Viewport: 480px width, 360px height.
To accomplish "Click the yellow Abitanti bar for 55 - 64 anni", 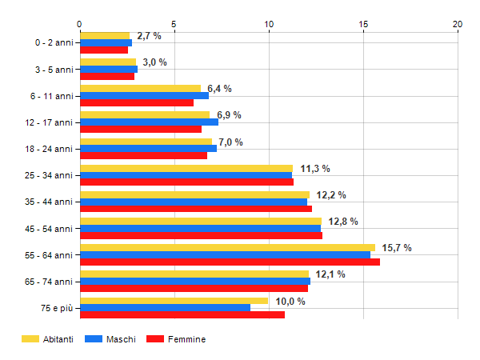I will coord(227,247).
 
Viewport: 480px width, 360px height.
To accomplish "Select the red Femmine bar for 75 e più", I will coord(182,314).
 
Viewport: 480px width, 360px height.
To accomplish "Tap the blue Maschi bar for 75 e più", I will coord(165,308).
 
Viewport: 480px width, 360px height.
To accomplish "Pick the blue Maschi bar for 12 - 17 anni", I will coord(149,122).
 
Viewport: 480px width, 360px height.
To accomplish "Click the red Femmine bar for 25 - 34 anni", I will coord(186,182).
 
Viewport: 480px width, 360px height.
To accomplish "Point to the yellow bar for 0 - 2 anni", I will coord(104,35).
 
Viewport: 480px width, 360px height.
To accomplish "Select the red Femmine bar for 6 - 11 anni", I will coord(136,102).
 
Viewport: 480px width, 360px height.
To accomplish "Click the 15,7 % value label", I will coord(396,248).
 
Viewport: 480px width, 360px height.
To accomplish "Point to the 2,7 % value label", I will coord(149,36).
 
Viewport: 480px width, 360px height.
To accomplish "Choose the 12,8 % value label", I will coord(342,222).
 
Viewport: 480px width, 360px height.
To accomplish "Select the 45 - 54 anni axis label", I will coord(50,229).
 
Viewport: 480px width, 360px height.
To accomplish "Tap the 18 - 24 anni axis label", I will coord(50,149).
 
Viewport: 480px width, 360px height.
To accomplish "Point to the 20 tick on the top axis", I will coord(458,24).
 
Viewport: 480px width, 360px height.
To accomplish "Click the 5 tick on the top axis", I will coord(174,24).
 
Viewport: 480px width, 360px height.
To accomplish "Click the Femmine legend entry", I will coord(186,339).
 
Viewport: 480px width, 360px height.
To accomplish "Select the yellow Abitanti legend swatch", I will coord(30,339).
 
